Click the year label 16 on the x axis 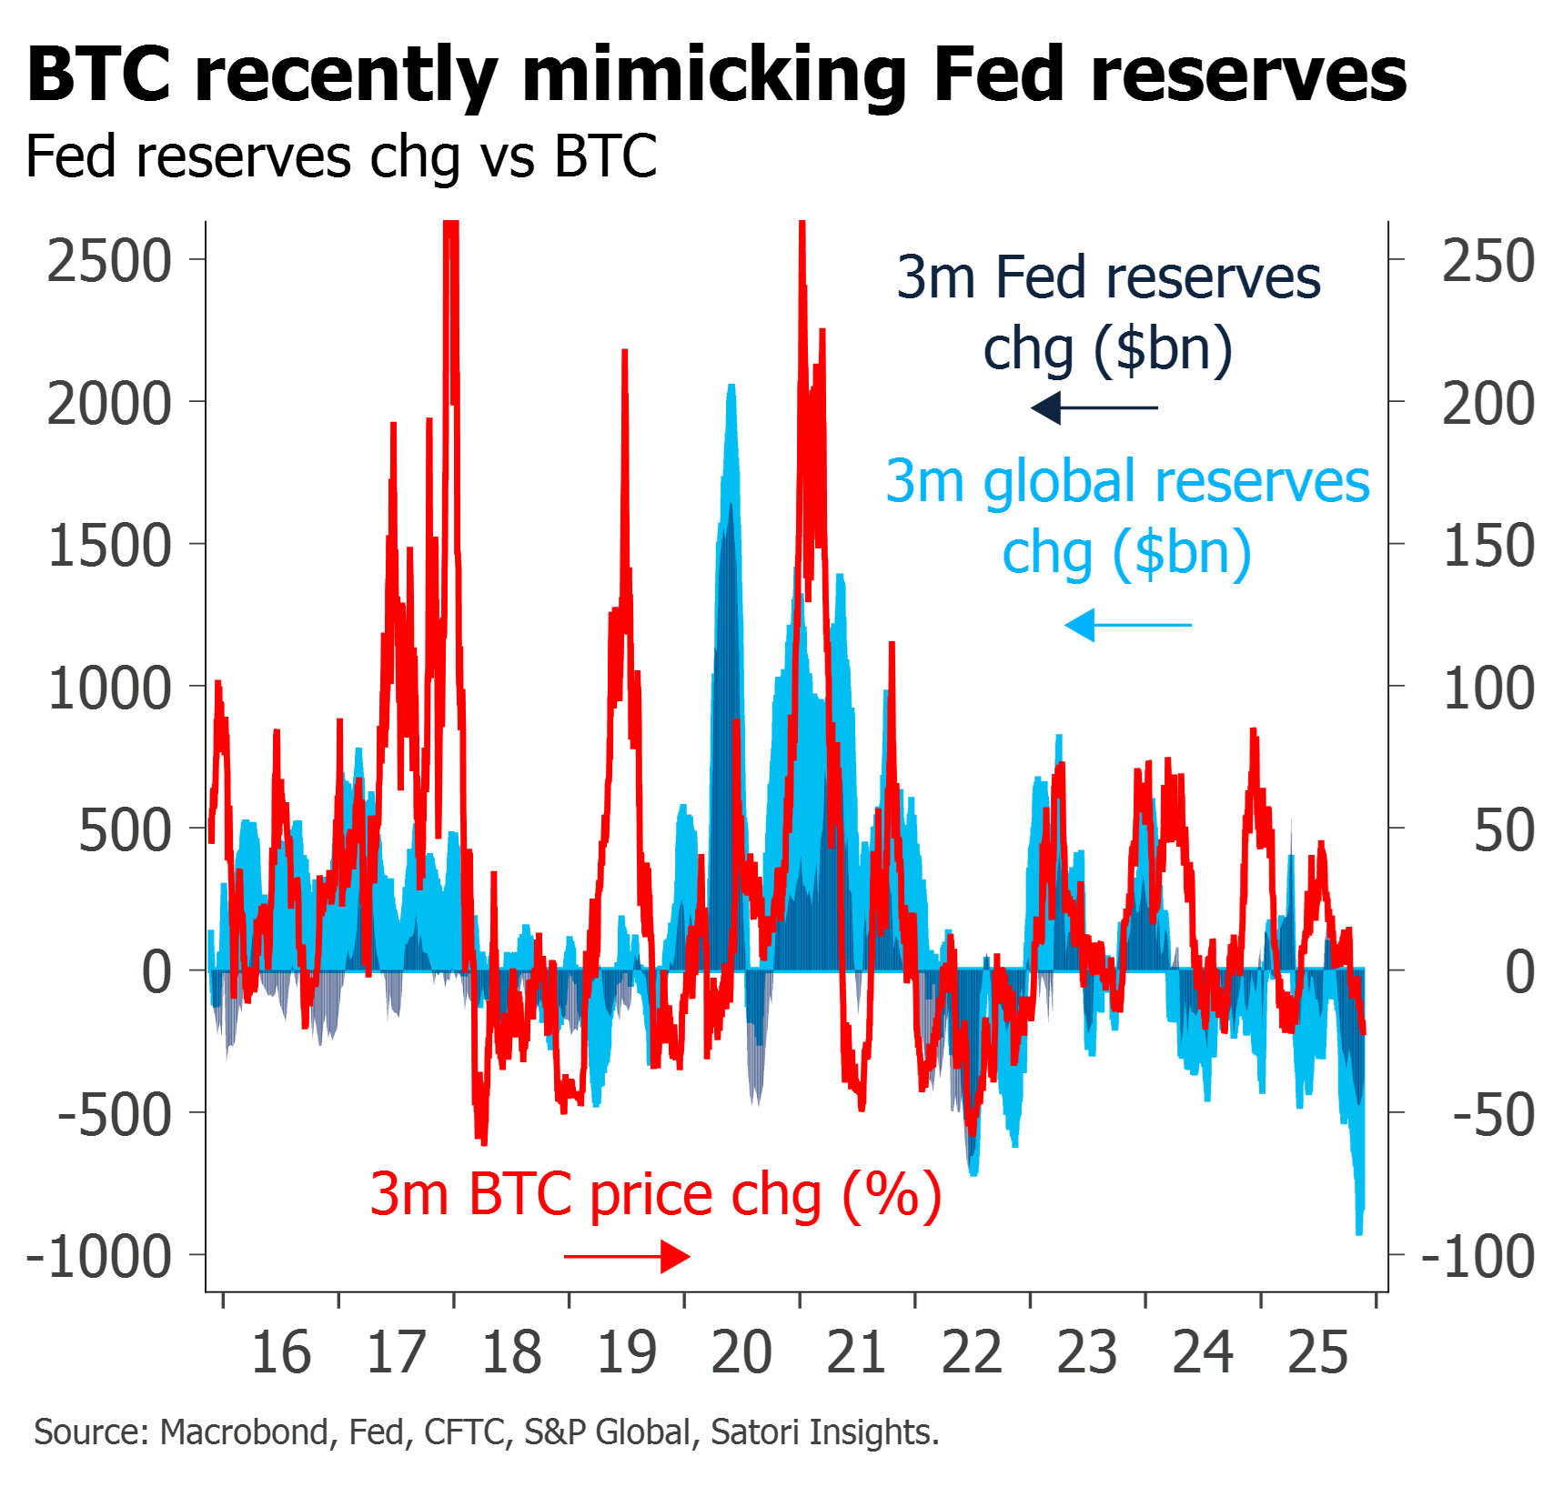[x=281, y=1352]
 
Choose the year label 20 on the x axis [x=741, y=1352]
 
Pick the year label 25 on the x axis [x=1319, y=1352]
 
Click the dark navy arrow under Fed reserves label [x=1094, y=407]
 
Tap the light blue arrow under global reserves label [x=1128, y=625]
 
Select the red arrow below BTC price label [x=628, y=1257]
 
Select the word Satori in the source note [x=755, y=1432]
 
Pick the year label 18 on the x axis [x=511, y=1352]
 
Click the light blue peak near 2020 [x=731, y=389]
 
